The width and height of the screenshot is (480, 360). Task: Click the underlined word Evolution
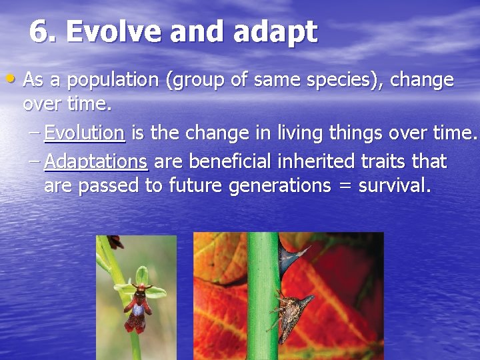(x=85, y=133)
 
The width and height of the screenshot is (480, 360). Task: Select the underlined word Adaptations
(x=96, y=162)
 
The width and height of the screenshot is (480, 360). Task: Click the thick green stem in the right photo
(x=263, y=333)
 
